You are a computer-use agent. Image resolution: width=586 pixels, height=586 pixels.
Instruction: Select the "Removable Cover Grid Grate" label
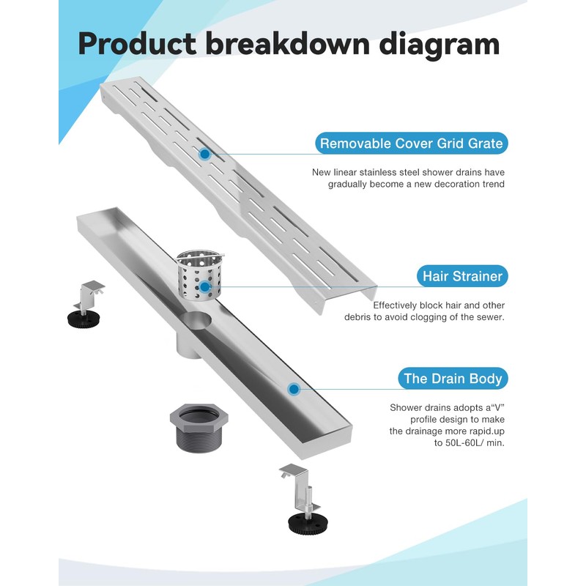[411, 144]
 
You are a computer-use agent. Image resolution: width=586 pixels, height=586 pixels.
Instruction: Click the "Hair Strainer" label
[462, 276]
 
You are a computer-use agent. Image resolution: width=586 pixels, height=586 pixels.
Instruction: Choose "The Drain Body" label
[453, 379]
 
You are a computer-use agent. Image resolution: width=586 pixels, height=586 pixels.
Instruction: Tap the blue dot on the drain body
[294, 389]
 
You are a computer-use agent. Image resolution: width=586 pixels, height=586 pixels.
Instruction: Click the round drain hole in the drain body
[199, 322]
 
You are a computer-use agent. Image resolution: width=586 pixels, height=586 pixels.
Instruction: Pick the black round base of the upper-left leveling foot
[86, 318]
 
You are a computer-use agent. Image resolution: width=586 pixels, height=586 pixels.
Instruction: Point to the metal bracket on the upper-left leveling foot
[91, 292]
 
